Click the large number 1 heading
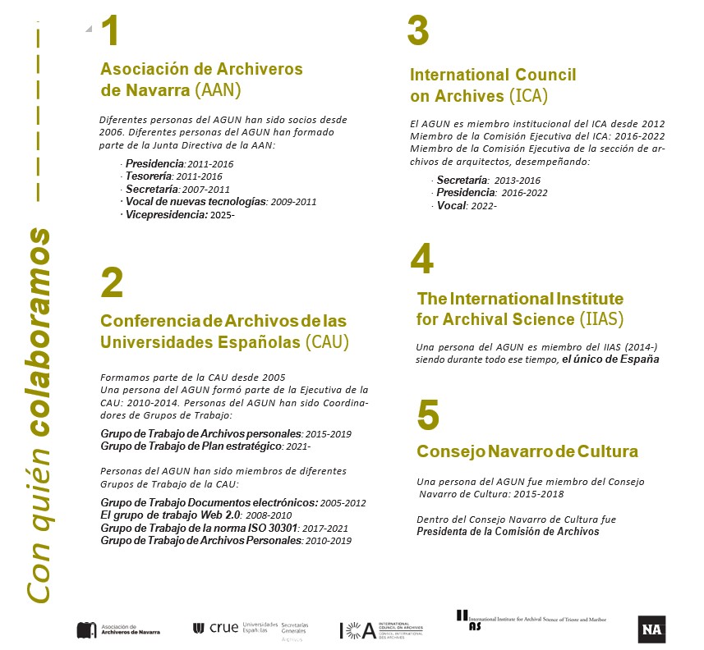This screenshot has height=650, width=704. click(111, 33)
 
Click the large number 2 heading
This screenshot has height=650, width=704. click(111, 283)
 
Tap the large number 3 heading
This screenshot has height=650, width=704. click(418, 33)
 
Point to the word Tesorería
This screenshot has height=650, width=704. click(149, 176)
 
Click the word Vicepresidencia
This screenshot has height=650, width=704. click(164, 214)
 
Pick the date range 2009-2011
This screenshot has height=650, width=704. click(293, 201)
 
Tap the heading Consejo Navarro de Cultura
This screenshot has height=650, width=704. click(527, 451)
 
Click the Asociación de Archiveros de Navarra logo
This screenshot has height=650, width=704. click(118, 629)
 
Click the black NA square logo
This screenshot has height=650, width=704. click(651, 629)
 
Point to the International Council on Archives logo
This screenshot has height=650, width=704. click(381, 630)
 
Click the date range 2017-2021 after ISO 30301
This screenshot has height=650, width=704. click(326, 528)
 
